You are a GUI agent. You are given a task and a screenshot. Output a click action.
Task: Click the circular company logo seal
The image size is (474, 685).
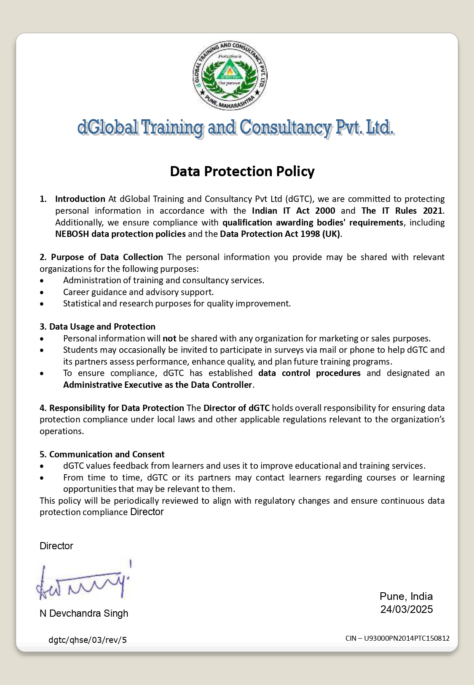(230, 76)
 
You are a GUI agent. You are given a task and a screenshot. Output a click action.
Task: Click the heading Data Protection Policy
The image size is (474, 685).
(242, 172)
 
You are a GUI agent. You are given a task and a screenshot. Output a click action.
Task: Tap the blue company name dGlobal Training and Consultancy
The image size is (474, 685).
(236, 127)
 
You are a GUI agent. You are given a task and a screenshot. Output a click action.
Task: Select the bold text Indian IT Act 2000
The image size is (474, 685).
(293, 211)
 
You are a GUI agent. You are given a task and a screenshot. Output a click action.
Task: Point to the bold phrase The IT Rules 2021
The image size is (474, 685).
(402, 211)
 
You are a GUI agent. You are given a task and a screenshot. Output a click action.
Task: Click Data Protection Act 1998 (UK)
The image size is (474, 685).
(280, 234)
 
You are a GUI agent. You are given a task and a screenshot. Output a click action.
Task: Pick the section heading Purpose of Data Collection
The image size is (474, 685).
(107, 257)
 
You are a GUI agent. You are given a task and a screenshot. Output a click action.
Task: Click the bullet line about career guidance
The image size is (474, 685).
(138, 292)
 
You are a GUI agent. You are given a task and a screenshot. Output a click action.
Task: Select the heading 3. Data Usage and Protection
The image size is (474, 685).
(97, 327)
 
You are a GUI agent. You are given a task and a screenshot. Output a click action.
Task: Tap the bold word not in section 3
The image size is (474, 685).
(169, 338)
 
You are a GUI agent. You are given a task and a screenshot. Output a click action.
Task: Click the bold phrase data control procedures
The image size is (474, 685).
(309, 373)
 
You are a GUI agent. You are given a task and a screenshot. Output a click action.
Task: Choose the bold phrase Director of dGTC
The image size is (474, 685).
(236, 408)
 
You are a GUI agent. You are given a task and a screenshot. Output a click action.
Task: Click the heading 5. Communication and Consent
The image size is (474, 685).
(102, 454)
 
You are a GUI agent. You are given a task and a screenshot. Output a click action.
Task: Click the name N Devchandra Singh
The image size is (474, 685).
(84, 613)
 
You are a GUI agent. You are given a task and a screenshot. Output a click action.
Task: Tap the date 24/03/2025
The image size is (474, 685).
(407, 610)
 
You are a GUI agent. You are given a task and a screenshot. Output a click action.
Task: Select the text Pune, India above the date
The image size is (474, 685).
(406, 596)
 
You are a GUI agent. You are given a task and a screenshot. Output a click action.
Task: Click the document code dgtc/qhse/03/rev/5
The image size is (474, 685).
(88, 640)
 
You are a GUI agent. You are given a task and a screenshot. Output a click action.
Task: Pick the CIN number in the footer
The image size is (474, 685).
(397, 638)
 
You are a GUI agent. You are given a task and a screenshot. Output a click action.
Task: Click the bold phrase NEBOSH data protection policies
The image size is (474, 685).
(121, 234)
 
